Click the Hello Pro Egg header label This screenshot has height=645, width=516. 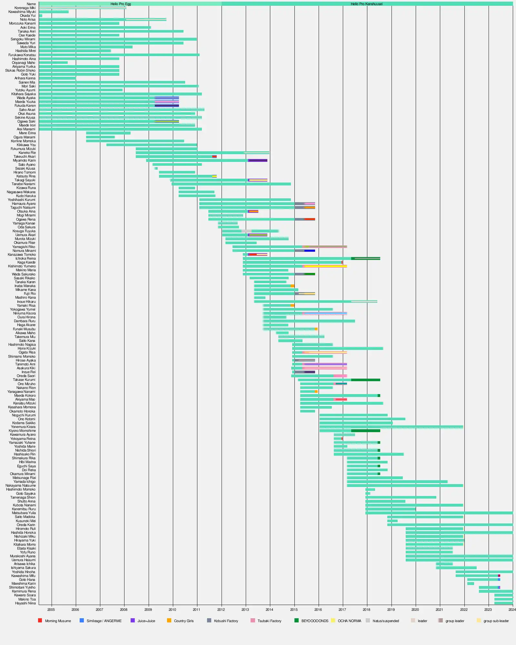[121, 4]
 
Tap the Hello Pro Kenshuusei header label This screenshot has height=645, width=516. [367, 4]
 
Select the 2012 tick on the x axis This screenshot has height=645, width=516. [221, 610]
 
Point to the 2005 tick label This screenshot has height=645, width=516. [51, 610]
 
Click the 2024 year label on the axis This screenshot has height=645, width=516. [512, 610]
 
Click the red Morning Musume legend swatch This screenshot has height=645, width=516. [40, 620]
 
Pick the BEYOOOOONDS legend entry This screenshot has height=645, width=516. [314, 621]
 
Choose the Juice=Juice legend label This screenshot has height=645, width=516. [146, 621]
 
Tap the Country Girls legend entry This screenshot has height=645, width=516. [184, 621]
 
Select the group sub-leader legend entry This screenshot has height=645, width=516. [496, 621]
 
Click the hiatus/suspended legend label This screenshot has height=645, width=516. [386, 621]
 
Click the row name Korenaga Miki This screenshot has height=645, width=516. [25, 8]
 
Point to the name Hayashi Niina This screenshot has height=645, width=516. [25, 603]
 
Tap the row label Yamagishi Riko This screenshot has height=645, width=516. [24, 247]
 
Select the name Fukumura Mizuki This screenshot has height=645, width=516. [23, 149]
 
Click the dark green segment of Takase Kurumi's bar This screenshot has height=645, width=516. [365, 380]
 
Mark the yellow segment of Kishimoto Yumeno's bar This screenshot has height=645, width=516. [326, 266]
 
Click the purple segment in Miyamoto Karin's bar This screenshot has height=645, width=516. [258, 160]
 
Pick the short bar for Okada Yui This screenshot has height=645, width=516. [41, 15]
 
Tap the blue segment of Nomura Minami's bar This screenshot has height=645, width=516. [310, 251]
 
